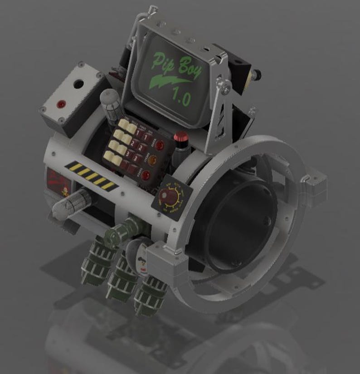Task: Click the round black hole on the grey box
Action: pyautogui.click(x=79, y=84)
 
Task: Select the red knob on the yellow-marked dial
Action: pyautogui.click(x=171, y=198)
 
